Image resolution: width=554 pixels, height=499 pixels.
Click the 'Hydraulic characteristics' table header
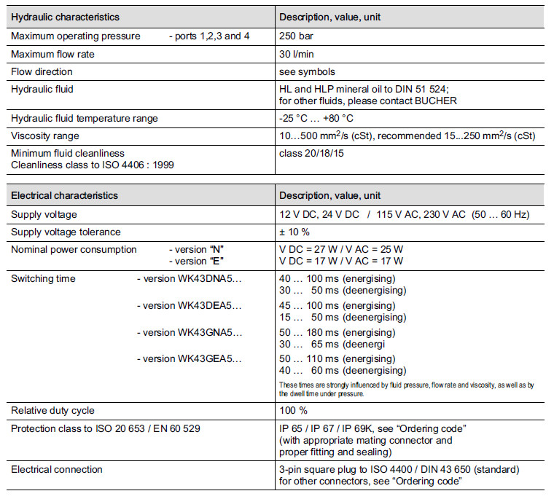(x=65, y=17)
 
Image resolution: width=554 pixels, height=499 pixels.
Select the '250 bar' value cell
(x=296, y=36)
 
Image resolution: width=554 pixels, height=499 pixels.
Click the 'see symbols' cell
(x=307, y=71)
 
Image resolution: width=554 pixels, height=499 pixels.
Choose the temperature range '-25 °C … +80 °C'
(x=318, y=118)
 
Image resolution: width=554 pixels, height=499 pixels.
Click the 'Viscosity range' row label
(x=45, y=135)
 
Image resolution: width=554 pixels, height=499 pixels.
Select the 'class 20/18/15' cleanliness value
(x=313, y=153)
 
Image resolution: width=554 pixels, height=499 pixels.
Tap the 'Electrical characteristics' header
(x=64, y=195)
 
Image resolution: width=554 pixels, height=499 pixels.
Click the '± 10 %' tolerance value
(x=294, y=232)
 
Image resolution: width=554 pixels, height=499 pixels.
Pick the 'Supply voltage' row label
(x=44, y=214)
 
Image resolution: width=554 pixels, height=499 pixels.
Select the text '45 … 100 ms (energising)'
(x=338, y=305)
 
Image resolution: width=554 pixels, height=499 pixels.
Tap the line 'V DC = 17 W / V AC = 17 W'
(x=341, y=261)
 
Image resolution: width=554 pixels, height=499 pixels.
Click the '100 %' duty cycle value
(x=293, y=410)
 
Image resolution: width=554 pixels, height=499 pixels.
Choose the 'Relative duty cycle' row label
(x=52, y=410)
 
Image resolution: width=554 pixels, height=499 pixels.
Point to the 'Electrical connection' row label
(x=57, y=469)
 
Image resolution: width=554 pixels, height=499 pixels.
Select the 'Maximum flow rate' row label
(x=52, y=54)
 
